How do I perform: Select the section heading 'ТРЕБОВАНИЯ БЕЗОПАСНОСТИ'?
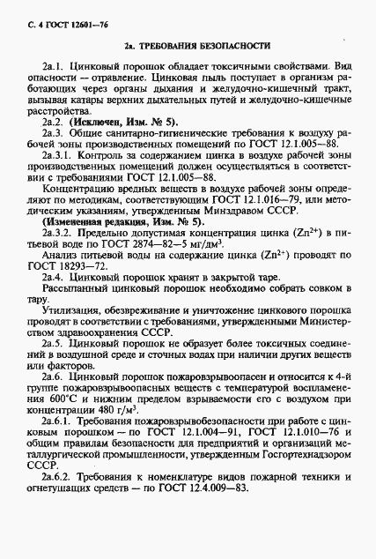pyautogui.click(x=199, y=45)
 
